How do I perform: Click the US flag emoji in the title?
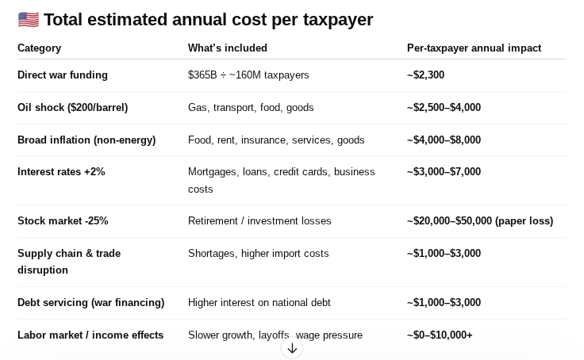point(28,20)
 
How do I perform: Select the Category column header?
point(39,48)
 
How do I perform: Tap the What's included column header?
point(228,48)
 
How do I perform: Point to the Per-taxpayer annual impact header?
point(474,48)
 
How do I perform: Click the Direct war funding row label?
point(63,75)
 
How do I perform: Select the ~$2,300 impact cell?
point(425,75)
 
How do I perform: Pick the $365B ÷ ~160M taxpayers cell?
point(248,75)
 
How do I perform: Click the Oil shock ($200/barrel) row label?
point(72,108)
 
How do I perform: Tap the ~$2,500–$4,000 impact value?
point(444,108)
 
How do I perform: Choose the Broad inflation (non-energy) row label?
point(86,140)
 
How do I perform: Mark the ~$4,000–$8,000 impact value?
point(444,140)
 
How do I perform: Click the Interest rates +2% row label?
point(61,172)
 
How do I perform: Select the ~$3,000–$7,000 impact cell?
point(444,172)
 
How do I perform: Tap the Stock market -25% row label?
point(63,221)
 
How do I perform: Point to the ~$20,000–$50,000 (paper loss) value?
point(480,221)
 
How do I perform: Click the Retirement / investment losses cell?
point(259,221)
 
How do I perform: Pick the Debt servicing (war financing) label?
point(90,303)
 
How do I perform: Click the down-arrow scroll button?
point(292,348)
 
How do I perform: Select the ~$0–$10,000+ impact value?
point(440,335)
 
